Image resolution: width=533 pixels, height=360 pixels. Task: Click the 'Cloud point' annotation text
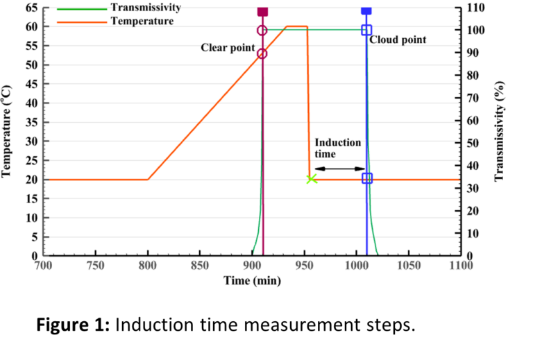(x=398, y=40)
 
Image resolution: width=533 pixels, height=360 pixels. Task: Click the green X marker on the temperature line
(x=312, y=179)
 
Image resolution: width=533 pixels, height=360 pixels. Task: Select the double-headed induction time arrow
(x=339, y=169)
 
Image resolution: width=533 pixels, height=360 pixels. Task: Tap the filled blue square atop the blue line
(x=366, y=10)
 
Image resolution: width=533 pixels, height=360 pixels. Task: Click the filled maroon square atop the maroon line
(x=262, y=10)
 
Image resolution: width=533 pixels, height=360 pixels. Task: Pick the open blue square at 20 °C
(x=367, y=178)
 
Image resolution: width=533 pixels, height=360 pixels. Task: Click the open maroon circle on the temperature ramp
(x=262, y=53)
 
